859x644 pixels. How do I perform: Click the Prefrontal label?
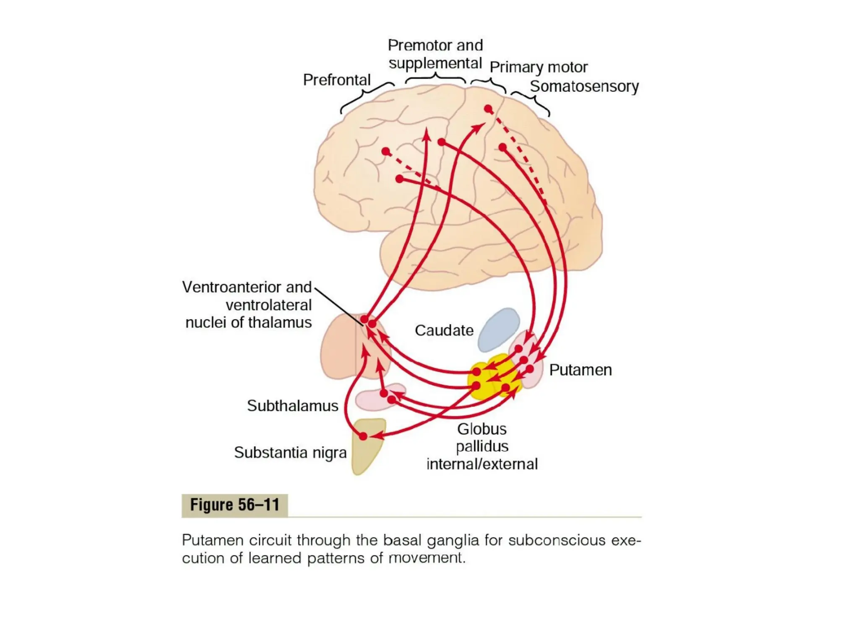point(337,80)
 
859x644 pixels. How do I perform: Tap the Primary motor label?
point(539,67)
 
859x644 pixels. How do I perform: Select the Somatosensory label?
point(584,86)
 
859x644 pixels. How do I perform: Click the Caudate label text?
point(444,330)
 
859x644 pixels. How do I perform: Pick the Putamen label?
point(580,370)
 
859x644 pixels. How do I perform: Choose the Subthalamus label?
point(292,406)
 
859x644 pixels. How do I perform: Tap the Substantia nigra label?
point(290,453)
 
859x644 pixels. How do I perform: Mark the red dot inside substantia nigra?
point(363,436)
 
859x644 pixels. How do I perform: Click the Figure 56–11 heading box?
point(234,505)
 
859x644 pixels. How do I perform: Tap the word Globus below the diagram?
point(482,429)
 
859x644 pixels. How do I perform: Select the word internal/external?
point(482,464)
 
